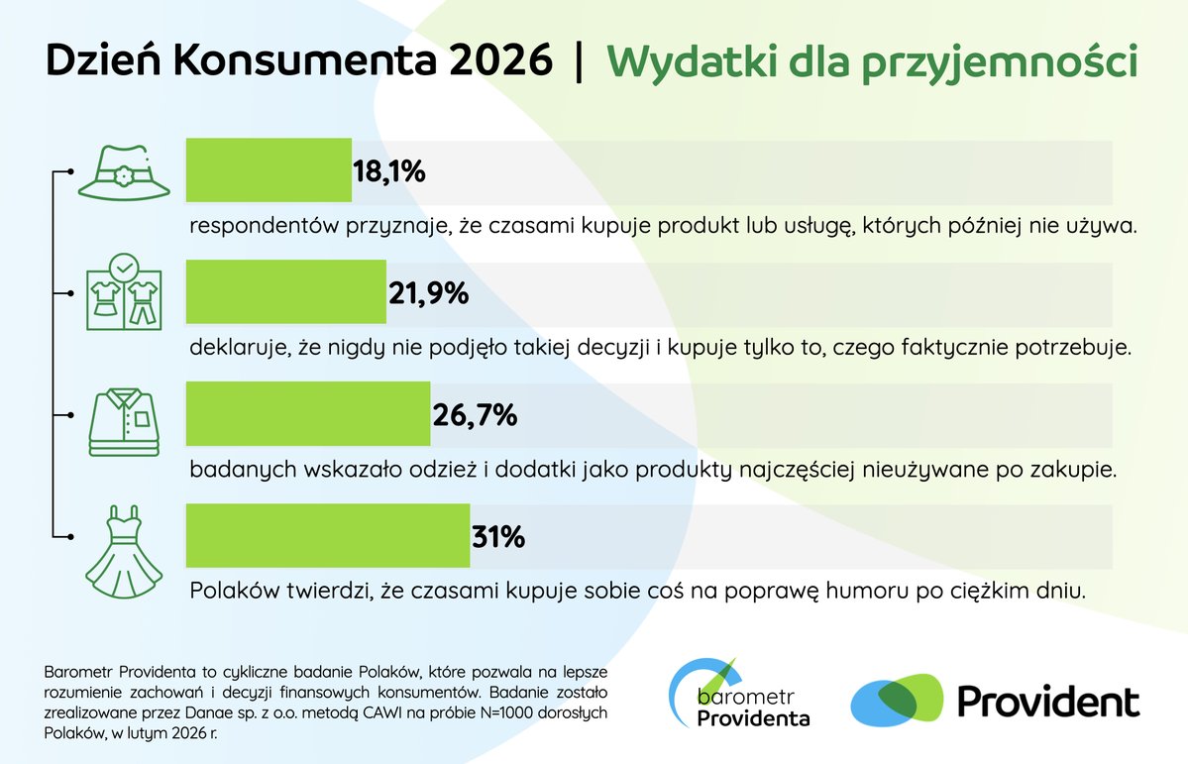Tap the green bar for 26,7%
coord(308,414)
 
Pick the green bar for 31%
coord(328,537)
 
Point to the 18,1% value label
coord(389,171)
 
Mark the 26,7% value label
coord(475,415)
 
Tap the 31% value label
coord(497,537)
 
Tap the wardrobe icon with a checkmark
coord(123,292)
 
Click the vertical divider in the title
coord(579,61)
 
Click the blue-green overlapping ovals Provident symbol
coord(896,700)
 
